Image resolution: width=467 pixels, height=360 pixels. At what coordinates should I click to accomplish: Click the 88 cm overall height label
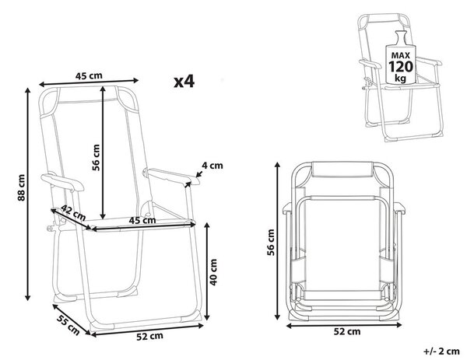click(22, 187)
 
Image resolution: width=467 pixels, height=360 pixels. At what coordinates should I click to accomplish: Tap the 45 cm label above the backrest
click(89, 75)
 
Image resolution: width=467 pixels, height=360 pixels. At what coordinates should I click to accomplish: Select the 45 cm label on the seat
click(142, 220)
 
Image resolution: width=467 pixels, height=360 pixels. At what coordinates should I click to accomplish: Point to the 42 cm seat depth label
click(74, 213)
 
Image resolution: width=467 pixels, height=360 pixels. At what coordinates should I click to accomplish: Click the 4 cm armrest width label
click(212, 166)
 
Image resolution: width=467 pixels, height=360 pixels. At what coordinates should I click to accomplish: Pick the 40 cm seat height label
click(213, 272)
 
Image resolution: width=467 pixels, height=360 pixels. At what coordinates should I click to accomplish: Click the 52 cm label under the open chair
click(149, 336)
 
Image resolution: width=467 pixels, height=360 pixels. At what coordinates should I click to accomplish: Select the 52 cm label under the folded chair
click(347, 331)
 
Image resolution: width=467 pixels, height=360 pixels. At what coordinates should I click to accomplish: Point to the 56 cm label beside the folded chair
click(270, 242)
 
